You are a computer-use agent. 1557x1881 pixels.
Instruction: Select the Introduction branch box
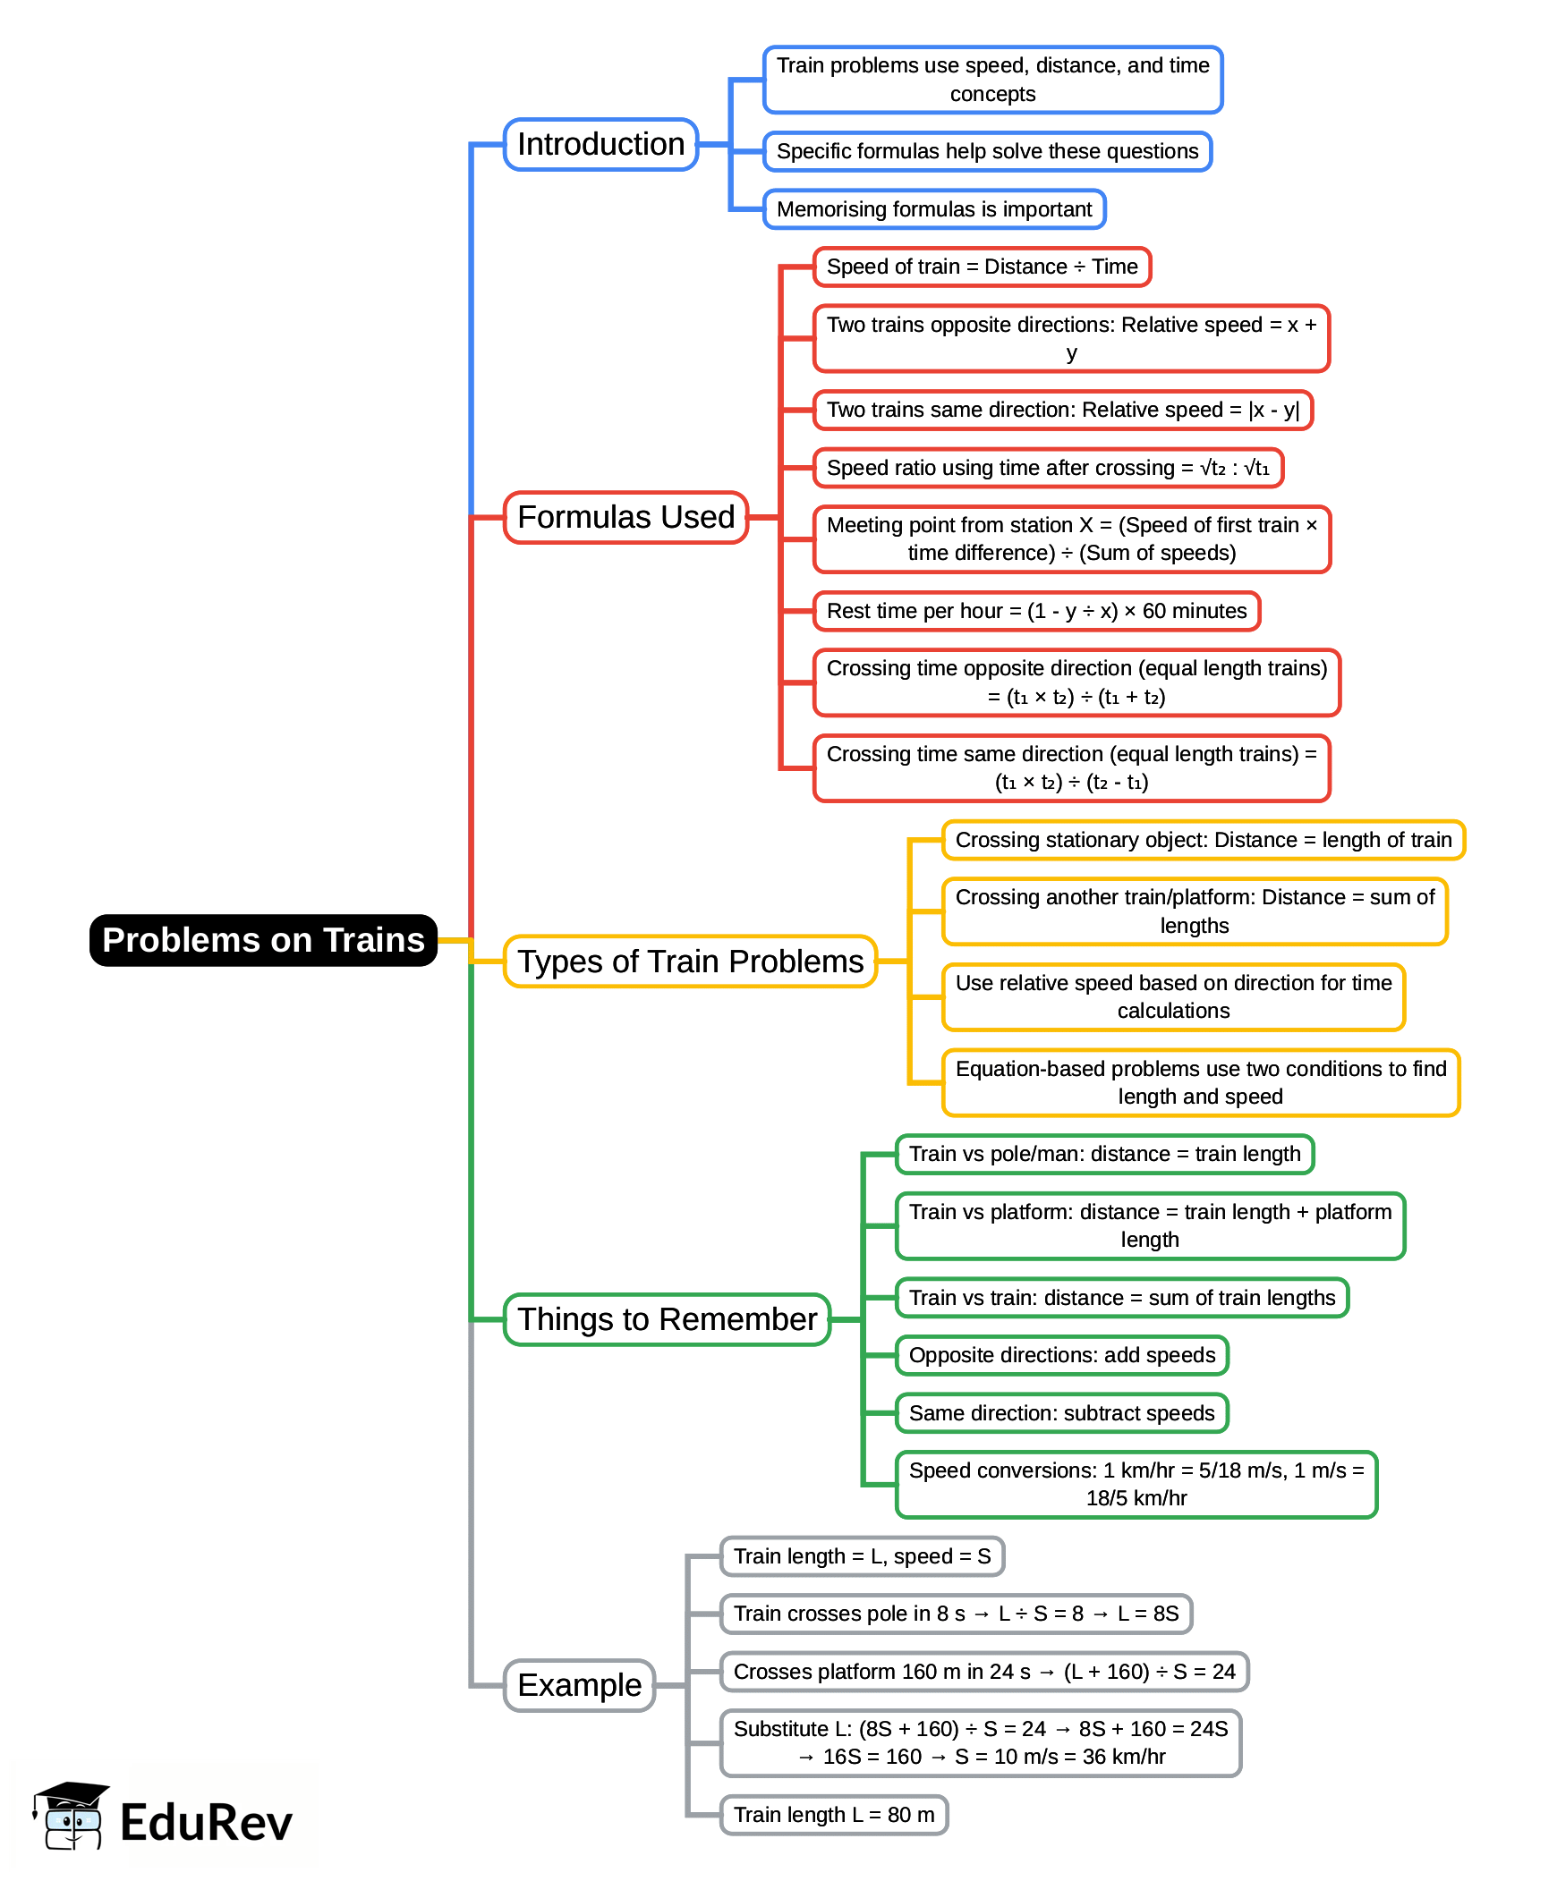[x=600, y=144]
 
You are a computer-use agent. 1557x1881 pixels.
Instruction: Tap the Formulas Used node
[x=625, y=517]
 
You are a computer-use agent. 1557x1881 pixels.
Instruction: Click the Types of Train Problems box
[x=690, y=962]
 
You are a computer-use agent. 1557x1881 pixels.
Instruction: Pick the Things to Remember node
[x=667, y=1319]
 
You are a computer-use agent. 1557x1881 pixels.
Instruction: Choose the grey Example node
[x=580, y=1685]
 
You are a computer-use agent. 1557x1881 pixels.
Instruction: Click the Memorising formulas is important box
[x=933, y=208]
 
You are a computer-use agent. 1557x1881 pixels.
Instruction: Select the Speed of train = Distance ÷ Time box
[x=981, y=267]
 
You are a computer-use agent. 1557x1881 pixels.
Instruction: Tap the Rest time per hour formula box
[x=1035, y=611]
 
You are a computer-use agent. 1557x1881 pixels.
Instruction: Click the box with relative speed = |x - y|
[x=1061, y=410]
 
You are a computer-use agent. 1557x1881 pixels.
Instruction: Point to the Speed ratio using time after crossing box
[x=1047, y=468]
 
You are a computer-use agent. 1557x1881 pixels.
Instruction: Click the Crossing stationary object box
[x=1203, y=839]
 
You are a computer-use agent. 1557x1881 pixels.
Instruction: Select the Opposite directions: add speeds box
[x=1061, y=1355]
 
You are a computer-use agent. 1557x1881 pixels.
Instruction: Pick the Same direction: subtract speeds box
[x=1061, y=1412]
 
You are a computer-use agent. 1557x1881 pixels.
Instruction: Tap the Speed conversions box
[x=1135, y=1484]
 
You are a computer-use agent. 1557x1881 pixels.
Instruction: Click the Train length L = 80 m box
[x=833, y=1815]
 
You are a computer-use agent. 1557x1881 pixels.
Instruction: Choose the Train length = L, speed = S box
[x=861, y=1555]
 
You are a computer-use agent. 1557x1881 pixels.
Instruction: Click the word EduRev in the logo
[x=206, y=1822]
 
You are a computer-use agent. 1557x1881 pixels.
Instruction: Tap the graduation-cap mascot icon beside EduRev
[x=72, y=1817]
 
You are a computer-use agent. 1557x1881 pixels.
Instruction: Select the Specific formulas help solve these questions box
[x=986, y=151]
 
